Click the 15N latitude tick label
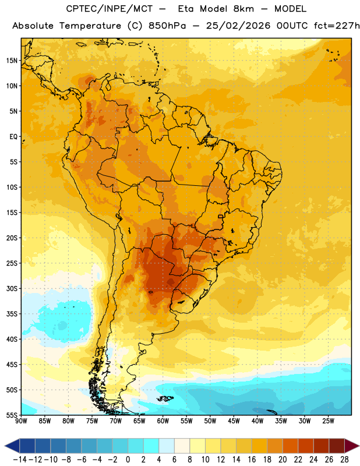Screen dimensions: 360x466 click(x=12, y=61)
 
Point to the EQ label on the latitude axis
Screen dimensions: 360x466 click(x=13, y=137)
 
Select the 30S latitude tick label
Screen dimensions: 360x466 click(x=12, y=288)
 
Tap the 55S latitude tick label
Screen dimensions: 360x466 click(x=12, y=415)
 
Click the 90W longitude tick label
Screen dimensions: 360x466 click(x=22, y=421)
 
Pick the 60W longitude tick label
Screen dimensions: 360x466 click(x=163, y=421)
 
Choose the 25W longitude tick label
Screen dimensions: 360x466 click(x=328, y=421)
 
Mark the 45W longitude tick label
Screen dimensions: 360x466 click(x=234, y=421)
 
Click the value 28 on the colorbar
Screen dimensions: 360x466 click(x=344, y=460)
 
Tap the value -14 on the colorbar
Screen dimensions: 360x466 click(x=20, y=460)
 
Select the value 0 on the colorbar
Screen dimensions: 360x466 click(x=128, y=460)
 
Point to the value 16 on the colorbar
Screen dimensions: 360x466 click(x=252, y=460)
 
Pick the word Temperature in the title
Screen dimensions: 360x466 click(x=90, y=26)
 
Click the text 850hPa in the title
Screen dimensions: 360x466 click(x=167, y=26)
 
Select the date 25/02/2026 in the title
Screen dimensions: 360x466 click(x=238, y=26)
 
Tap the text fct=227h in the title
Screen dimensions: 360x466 click(x=337, y=26)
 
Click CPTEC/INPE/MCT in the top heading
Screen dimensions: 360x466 click(x=110, y=9)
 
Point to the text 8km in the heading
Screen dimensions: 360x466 click(x=243, y=9)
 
